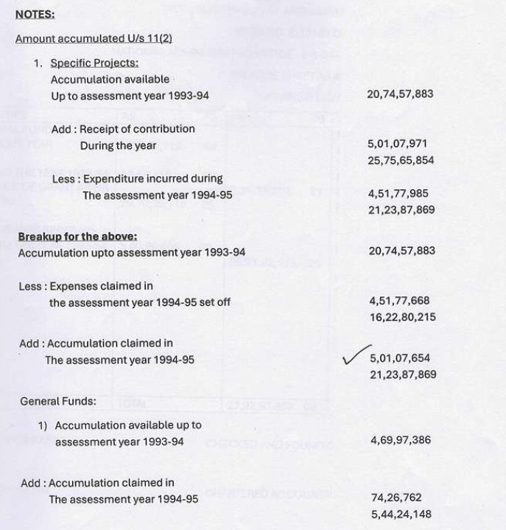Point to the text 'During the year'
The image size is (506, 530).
(119, 145)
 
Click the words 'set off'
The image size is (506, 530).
(213, 301)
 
